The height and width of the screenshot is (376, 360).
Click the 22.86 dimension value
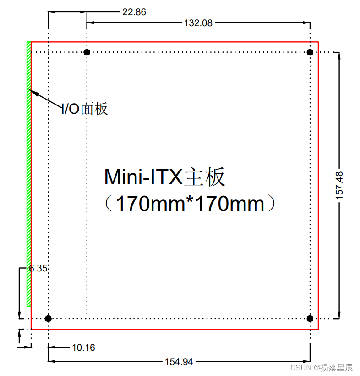tap(134, 12)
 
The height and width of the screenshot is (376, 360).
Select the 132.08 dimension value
tap(198, 23)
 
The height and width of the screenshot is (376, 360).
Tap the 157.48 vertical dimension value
tap(339, 185)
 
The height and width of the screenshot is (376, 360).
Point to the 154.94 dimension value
tap(179, 362)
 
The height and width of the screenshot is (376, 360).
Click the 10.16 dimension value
tap(83, 348)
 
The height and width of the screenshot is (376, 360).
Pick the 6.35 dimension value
tap(38, 268)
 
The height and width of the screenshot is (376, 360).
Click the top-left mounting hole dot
tap(87, 52)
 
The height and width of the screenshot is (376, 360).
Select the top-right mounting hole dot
tap(310, 52)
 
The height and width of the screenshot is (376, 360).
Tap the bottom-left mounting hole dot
tap(48, 318)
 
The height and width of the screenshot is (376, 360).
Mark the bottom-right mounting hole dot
tap(310, 318)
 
